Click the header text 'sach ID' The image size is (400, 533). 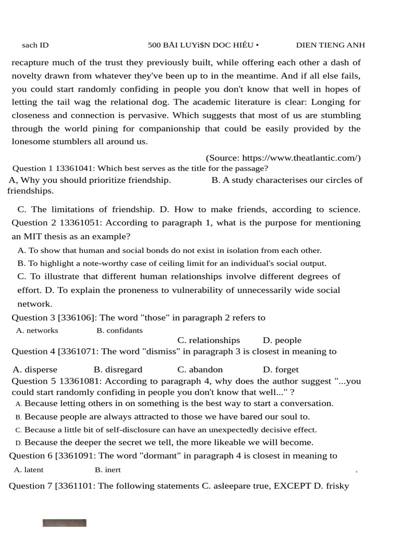[35, 45]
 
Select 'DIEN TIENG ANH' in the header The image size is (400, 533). [330, 45]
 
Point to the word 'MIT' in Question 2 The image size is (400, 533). [34, 236]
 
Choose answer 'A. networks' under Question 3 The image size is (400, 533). [37, 331]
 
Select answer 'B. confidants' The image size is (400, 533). [119, 331]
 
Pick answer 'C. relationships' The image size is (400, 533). [208, 340]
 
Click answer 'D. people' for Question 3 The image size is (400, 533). [282, 340]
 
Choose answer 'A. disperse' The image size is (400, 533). [35, 370]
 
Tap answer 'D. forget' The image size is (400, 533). [281, 370]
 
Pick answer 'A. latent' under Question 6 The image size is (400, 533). [29, 470]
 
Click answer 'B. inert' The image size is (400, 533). [108, 470]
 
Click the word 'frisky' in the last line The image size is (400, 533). [336, 486]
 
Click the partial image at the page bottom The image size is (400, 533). [65, 523]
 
